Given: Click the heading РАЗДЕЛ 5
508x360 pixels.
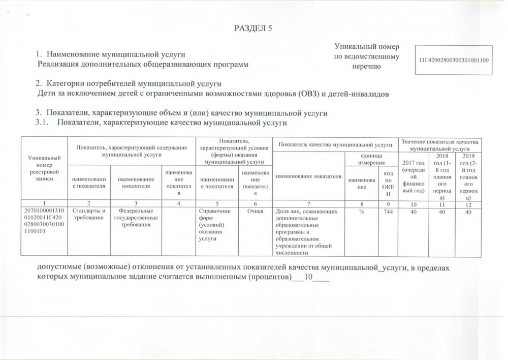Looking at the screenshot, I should click(253, 28).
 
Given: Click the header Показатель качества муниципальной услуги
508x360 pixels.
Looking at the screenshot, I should click(334, 144).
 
